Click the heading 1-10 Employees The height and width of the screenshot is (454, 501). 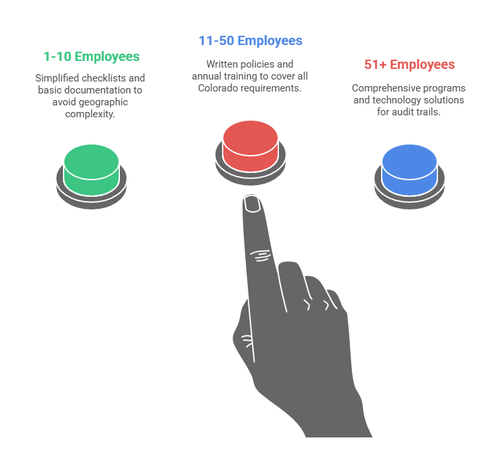91,57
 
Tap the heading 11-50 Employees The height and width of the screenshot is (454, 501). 250,41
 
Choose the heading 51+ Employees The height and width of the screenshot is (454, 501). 410,65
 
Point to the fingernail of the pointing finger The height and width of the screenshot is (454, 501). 252,204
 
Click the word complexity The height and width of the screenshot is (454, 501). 91,114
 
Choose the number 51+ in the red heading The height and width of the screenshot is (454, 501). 375,65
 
